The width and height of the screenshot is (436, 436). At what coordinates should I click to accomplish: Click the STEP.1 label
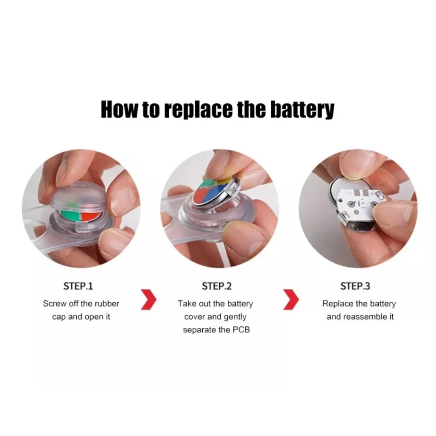point(78,286)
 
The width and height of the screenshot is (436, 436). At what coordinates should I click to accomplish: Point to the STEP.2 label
point(217,286)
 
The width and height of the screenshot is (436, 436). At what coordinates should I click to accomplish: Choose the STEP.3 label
point(355,286)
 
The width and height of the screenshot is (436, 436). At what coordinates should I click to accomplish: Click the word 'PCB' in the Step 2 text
point(241,330)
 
